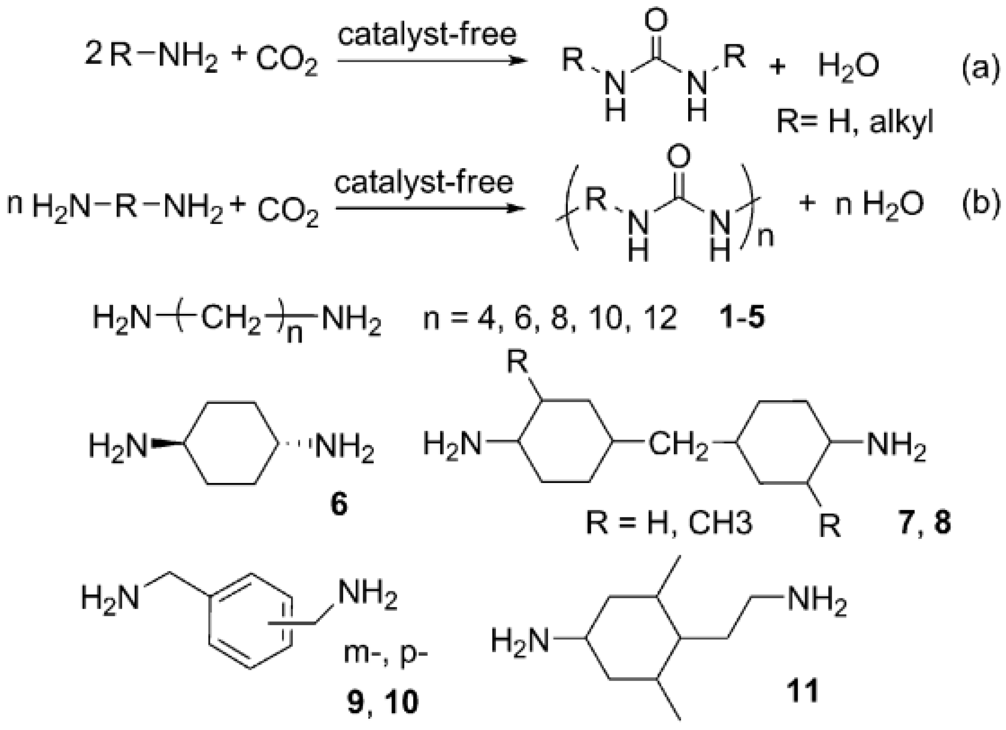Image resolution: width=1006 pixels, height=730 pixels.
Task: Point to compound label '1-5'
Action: tap(742, 318)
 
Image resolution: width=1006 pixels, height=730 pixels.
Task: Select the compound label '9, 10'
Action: tap(382, 703)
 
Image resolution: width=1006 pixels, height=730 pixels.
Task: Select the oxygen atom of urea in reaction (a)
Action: tap(656, 21)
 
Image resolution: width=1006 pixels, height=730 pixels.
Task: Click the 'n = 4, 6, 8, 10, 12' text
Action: tap(550, 318)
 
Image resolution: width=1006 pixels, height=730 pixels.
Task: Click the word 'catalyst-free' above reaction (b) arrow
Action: tap(424, 182)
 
